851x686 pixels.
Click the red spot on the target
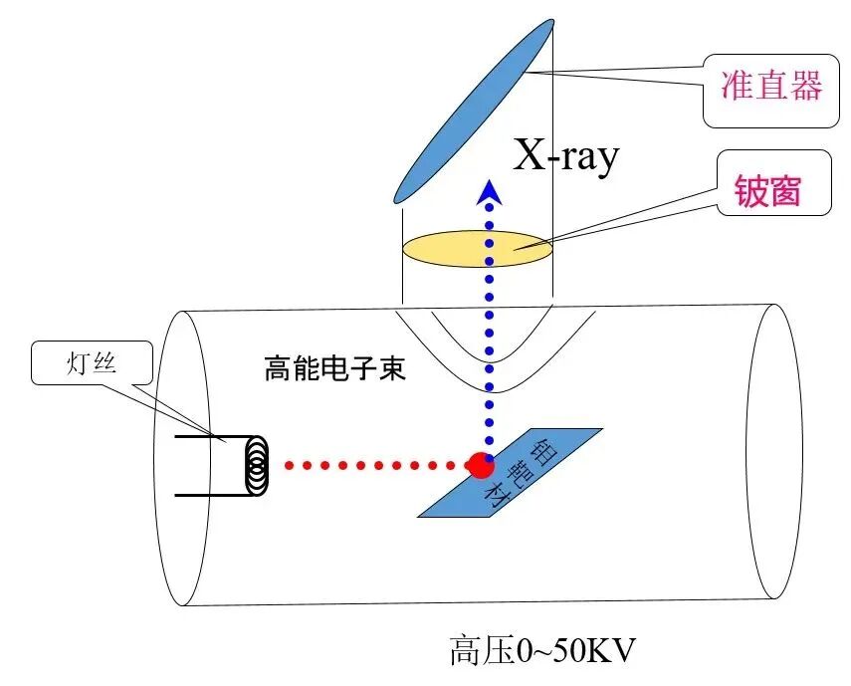(x=481, y=464)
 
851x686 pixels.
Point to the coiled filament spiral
(x=257, y=465)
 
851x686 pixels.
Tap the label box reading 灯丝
(x=92, y=363)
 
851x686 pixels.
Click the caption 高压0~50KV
(x=542, y=651)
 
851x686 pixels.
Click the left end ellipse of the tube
(x=183, y=458)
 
